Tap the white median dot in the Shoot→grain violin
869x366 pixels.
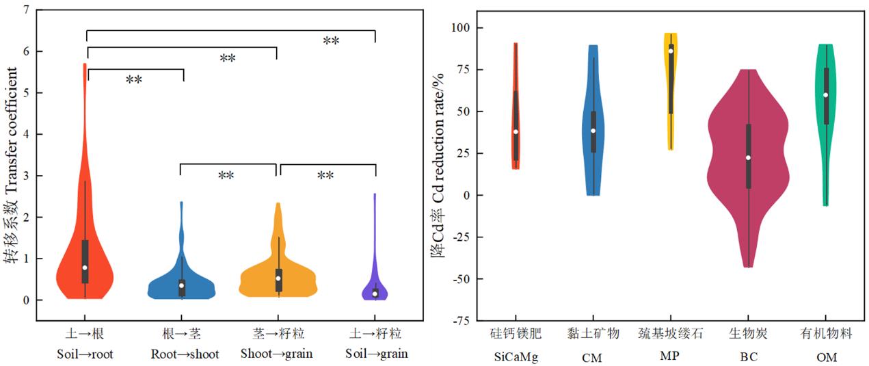[x=278, y=278]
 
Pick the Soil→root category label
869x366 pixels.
[x=85, y=354]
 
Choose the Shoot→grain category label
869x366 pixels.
[x=276, y=354]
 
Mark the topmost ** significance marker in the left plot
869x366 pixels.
[x=331, y=42]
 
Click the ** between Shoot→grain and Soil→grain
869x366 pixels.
[x=325, y=176]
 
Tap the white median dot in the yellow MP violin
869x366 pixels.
[x=671, y=51]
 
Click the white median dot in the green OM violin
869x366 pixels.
[x=826, y=95]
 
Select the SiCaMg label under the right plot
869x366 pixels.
[x=516, y=357]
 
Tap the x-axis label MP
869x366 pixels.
[x=670, y=357]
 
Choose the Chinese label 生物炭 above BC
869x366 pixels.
[x=748, y=334]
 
